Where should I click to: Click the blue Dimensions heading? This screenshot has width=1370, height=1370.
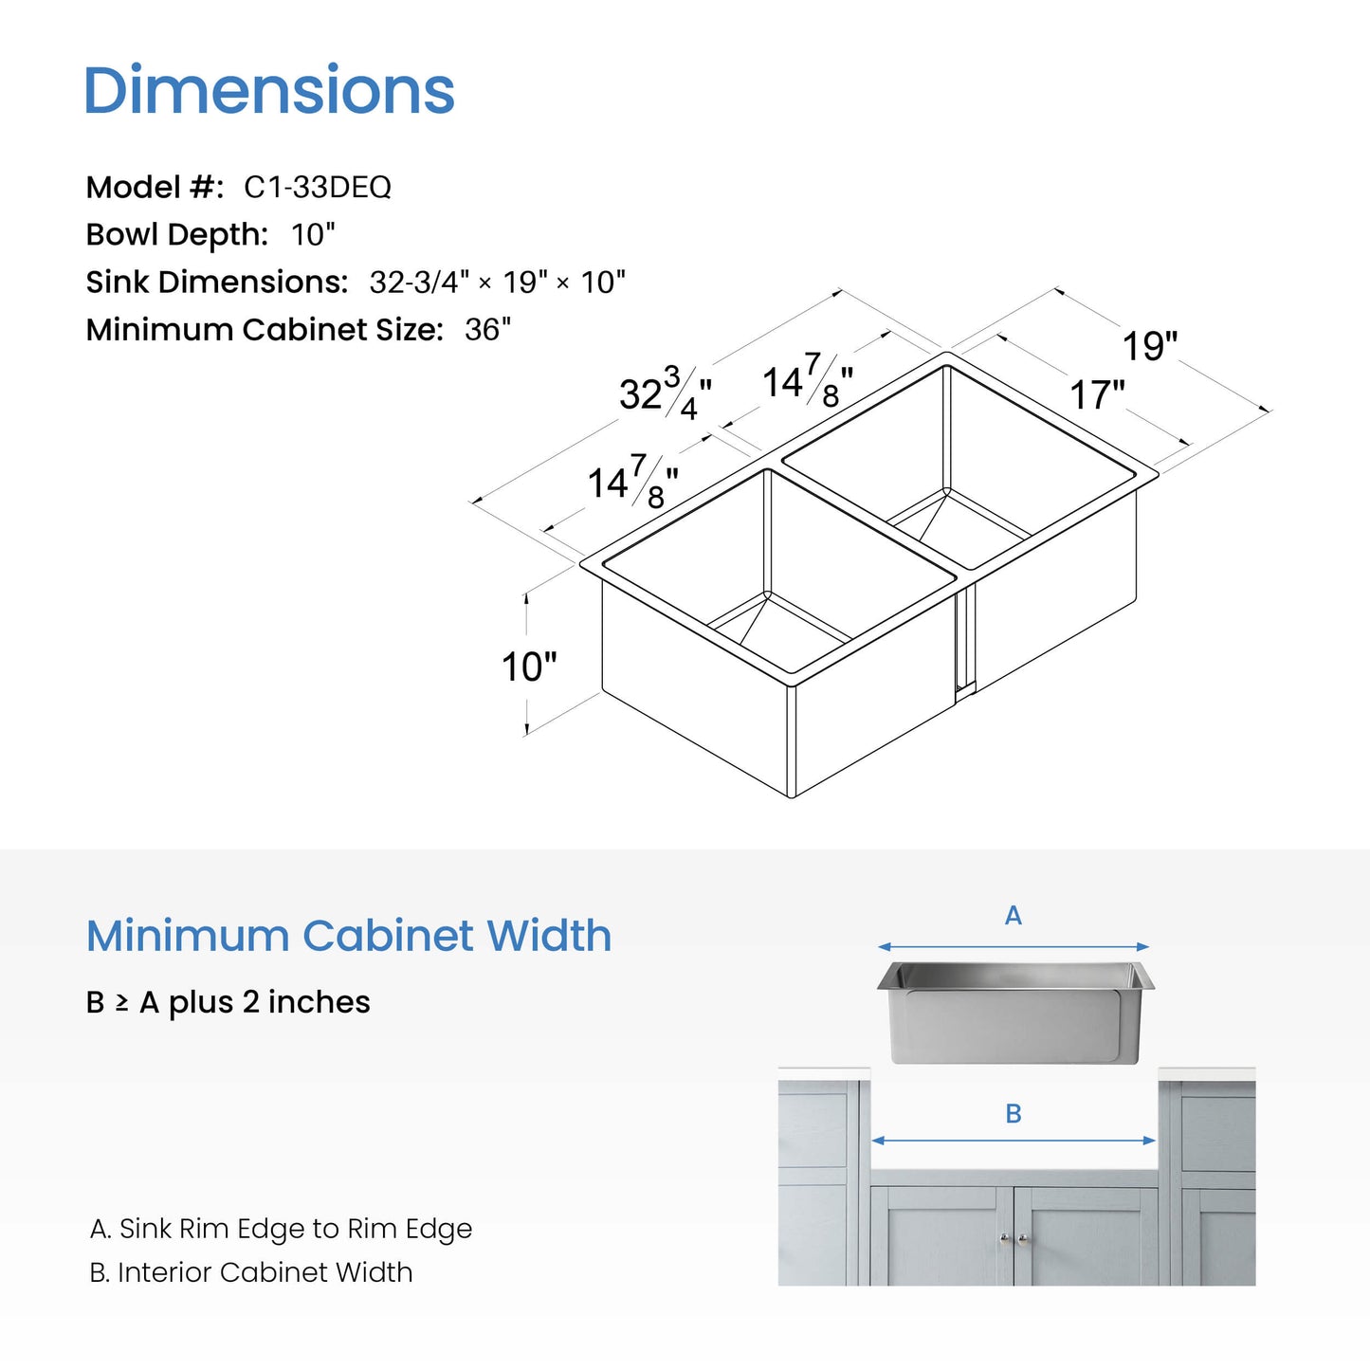pos(269,89)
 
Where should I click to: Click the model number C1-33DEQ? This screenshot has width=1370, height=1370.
pos(318,187)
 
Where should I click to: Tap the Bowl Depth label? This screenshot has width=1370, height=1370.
pos(177,234)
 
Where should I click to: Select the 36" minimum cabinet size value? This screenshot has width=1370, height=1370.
pos(487,329)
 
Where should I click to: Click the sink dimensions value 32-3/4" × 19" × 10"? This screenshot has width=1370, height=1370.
pos(498,283)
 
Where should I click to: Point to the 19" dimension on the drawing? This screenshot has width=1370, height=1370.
pos(1150,346)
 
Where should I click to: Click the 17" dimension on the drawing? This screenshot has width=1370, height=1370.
pos(1097,394)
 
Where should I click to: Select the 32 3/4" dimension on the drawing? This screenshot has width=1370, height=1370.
pos(665,393)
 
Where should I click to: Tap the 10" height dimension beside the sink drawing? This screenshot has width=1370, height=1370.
pos(529,667)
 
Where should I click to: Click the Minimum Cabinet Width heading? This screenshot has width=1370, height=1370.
pos(348,936)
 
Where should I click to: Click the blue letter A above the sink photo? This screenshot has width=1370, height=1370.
pos(1014,916)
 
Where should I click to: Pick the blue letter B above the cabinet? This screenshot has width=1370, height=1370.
pos(1014,1113)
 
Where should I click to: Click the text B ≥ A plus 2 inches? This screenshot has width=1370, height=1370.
pos(228,1002)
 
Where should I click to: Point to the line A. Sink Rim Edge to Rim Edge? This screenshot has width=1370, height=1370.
pos(281,1229)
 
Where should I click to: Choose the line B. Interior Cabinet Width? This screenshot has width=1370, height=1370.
pos(251,1272)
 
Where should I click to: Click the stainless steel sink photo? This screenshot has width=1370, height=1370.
pos(1015,1013)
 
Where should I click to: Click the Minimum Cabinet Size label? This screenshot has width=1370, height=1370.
pos(265,329)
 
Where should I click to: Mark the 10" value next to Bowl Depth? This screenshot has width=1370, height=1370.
pos(313,234)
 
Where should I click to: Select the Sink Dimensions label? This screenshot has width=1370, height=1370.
pos(217,283)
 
